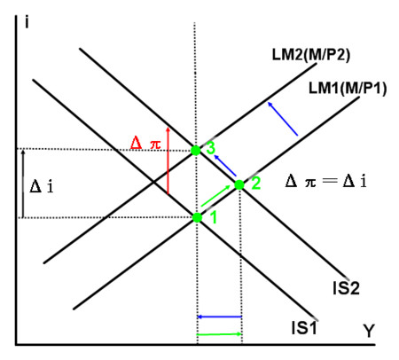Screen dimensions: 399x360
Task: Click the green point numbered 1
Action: tap(197, 217)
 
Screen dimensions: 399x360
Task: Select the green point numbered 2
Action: tap(239, 185)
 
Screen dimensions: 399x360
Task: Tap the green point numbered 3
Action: tap(195, 151)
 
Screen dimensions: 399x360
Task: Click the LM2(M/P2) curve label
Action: tap(311, 55)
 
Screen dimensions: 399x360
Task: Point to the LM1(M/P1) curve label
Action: tap(348, 89)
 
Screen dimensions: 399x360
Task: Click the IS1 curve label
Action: tap(304, 327)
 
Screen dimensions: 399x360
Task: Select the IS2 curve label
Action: tap(346, 287)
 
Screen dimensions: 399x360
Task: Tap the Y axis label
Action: tap(369, 331)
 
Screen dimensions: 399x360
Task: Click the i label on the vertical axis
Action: tap(27, 22)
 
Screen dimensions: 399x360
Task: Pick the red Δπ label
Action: tap(145, 144)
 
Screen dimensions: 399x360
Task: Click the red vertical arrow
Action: tap(168, 160)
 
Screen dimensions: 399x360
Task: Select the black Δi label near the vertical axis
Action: tap(42, 187)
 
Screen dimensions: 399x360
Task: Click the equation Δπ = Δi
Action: tap(326, 181)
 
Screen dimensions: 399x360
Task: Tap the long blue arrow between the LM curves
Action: tap(283, 119)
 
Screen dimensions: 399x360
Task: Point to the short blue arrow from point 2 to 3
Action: tap(225, 165)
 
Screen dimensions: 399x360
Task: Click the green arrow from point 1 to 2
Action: tap(215, 196)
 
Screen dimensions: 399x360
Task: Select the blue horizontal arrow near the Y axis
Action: tap(220, 317)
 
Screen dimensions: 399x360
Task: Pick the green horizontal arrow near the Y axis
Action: tap(220, 334)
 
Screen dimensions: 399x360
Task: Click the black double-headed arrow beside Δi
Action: tap(23, 184)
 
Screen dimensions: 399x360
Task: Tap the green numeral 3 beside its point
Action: tap(210, 147)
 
